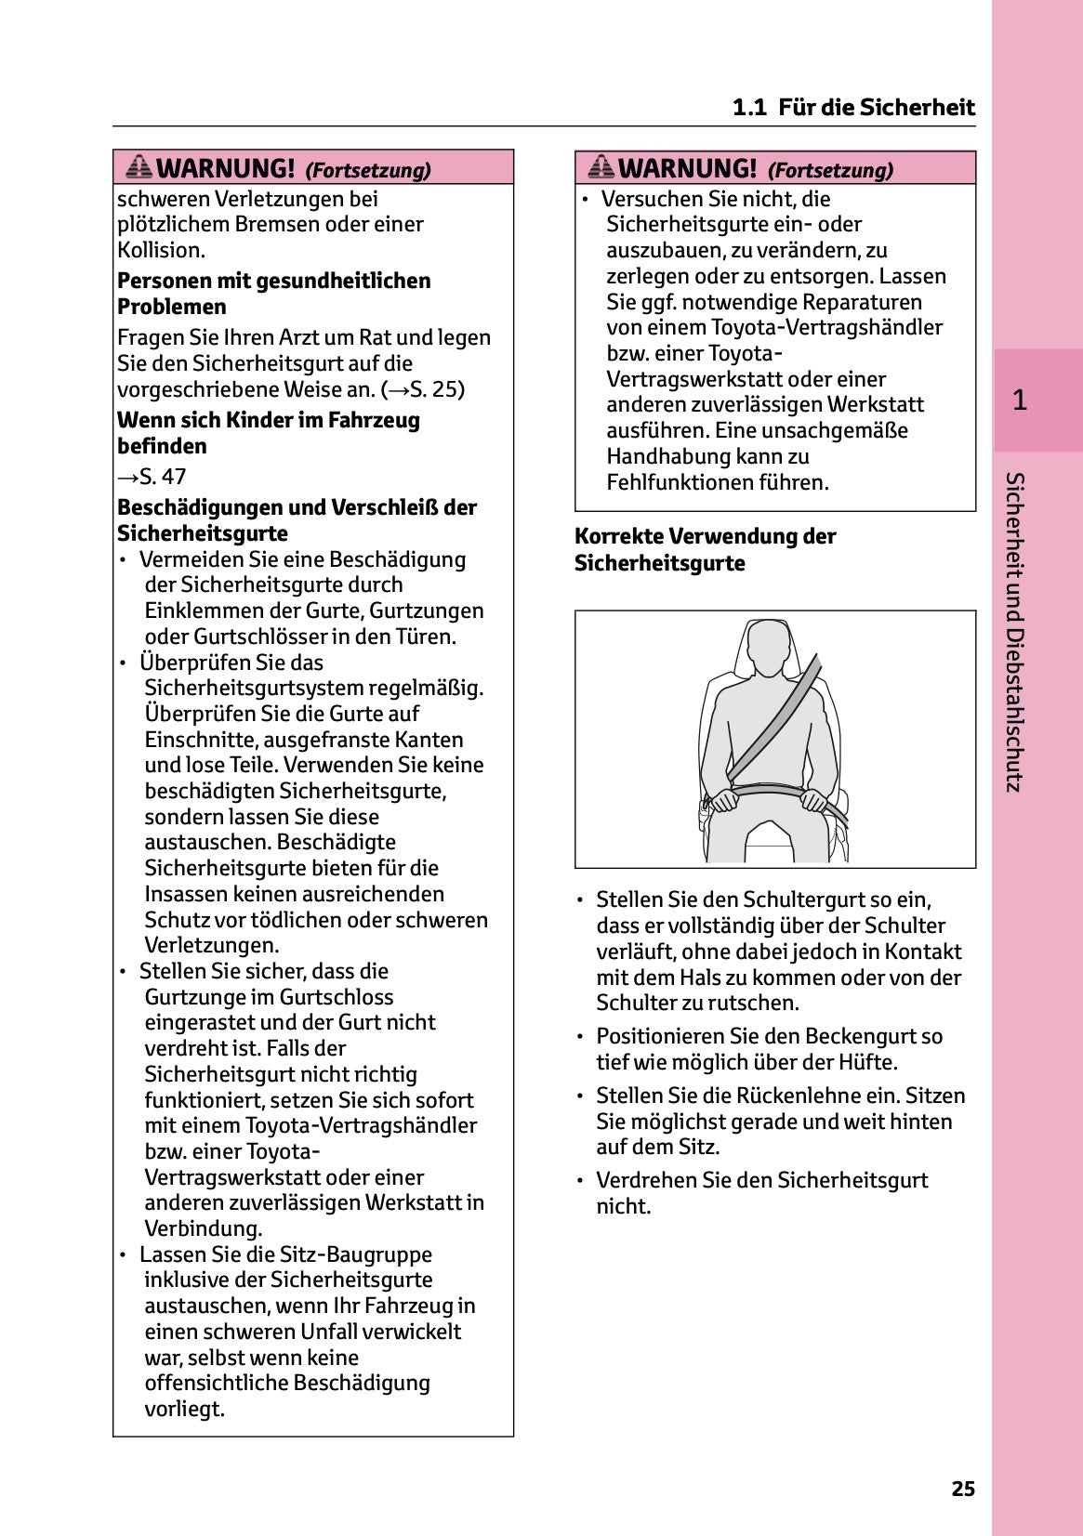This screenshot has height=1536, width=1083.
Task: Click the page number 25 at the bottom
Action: point(963,1489)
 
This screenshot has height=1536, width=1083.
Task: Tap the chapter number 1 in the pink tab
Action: point(1020,400)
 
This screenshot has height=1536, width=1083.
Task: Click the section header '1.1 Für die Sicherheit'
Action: point(853,108)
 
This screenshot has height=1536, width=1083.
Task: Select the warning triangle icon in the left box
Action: point(139,167)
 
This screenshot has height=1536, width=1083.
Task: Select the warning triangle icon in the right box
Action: point(601,167)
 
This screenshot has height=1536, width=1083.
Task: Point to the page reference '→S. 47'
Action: point(152,477)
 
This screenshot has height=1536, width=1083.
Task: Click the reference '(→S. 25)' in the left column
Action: point(423,389)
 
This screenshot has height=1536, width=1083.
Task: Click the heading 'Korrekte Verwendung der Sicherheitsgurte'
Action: point(705,549)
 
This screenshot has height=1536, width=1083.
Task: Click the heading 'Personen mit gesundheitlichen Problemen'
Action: point(273,294)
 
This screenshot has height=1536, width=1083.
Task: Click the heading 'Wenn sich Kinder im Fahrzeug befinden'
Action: point(268,433)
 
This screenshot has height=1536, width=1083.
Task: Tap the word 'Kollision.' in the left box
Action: point(161,250)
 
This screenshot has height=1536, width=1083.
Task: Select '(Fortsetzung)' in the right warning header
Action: point(829,170)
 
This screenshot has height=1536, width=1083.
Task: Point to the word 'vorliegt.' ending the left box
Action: point(184,1409)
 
